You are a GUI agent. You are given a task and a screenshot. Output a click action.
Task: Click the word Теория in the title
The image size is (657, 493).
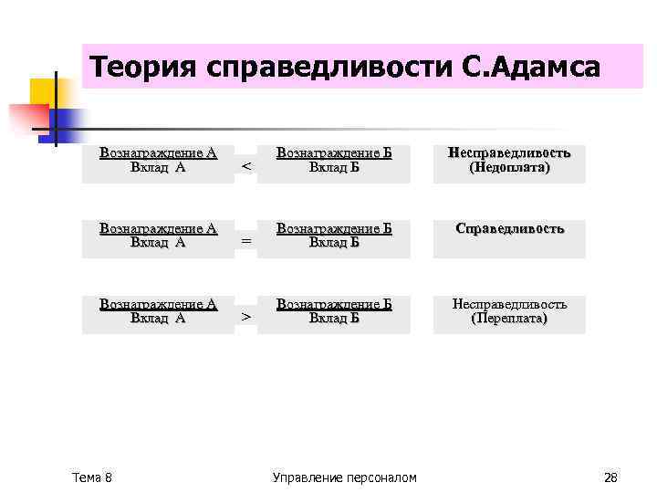coord(144,68)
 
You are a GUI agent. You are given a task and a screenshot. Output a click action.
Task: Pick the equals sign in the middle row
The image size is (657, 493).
coord(245,241)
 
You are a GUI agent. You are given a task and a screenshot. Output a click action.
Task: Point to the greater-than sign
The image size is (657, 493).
coord(245,316)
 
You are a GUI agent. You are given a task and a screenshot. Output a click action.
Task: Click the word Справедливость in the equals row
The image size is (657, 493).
coord(510,229)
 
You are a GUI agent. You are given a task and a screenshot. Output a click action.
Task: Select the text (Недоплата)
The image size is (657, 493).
coord(510,169)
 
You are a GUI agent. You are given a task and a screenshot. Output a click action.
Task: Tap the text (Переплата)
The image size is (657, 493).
coord(510,319)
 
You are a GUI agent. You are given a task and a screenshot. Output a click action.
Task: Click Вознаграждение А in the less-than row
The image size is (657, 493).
coord(158,153)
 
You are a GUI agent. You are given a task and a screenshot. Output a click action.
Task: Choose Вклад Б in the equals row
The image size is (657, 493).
coord(334,242)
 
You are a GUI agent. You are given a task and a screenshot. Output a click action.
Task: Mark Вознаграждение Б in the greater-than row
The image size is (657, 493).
coord(334,304)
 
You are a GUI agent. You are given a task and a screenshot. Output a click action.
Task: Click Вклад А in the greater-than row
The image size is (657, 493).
coord(158,319)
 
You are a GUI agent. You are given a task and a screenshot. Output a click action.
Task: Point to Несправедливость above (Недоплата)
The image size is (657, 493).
coord(510,153)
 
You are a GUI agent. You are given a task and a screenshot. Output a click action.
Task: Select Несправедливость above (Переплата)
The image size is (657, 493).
coord(510,304)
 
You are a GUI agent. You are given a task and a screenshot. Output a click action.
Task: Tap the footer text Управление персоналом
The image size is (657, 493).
coord(344,477)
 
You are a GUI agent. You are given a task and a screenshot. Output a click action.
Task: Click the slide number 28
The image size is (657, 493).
coord(611,477)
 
